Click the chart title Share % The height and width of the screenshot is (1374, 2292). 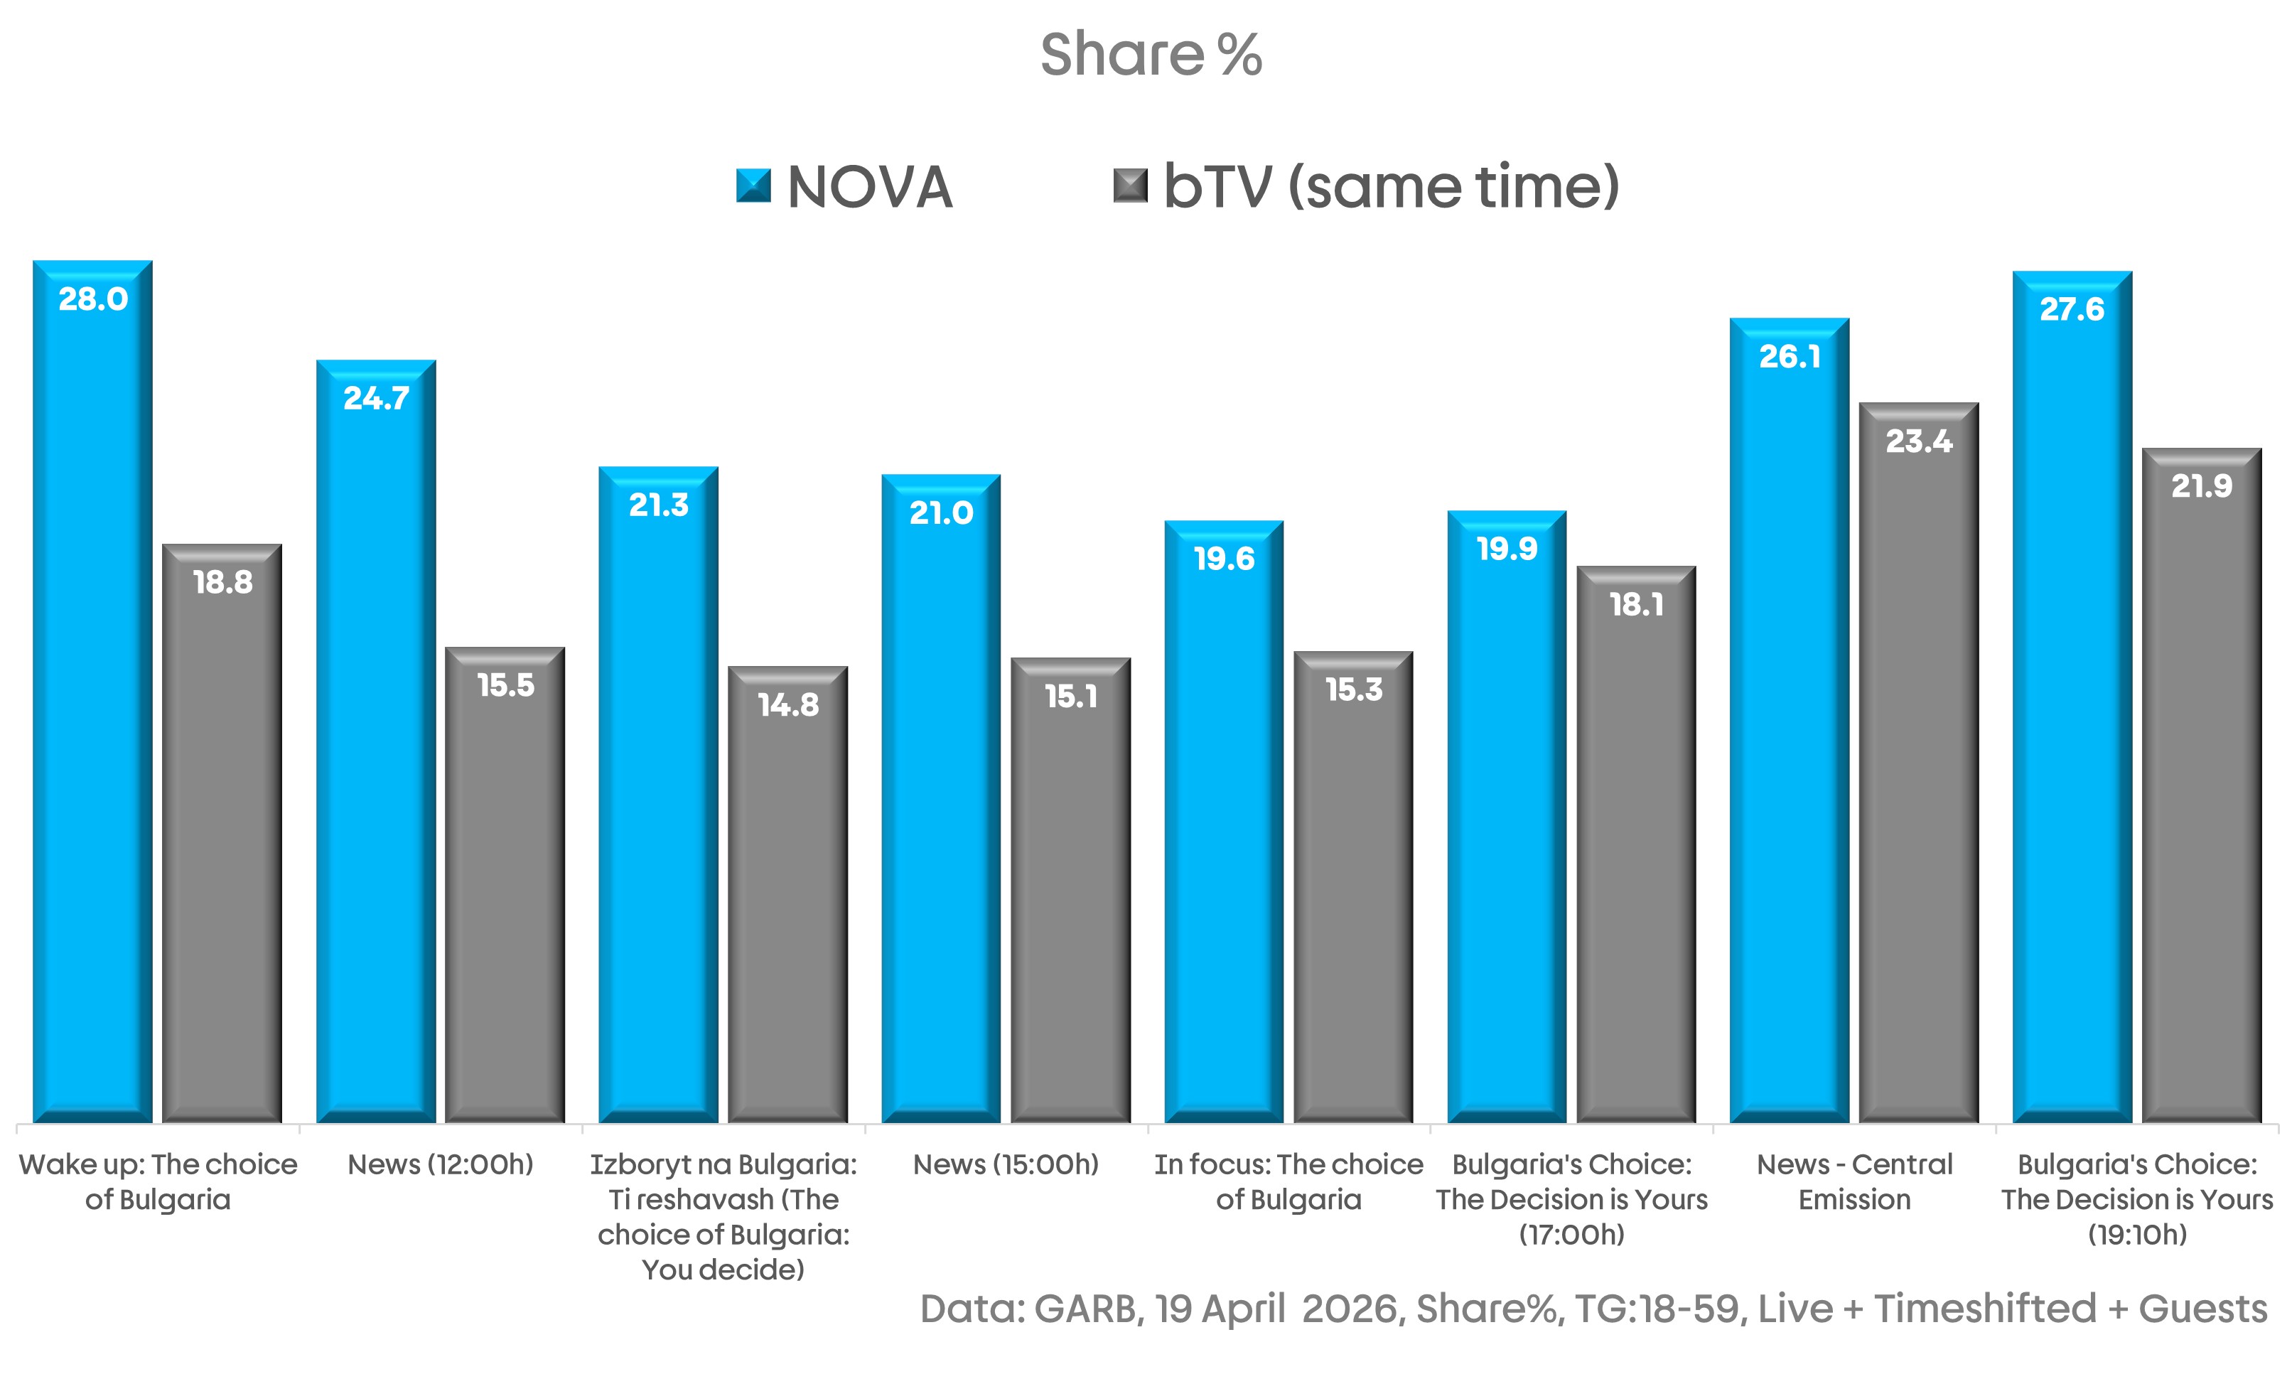pyautogui.click(x=1151, y=55)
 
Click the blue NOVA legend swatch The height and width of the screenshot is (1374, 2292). pyautogui.click(x=753, y=186)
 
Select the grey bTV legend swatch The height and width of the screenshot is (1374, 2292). pyautogui.click(x=1129, y=186)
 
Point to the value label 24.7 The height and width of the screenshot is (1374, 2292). pyautogui.click(x=376, y=399)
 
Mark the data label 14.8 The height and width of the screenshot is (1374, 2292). pyautogui.click(x=787, y=706)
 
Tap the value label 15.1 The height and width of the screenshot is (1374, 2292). pyautogui.click(x=1071, y=697)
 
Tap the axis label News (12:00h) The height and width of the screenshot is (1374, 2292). pyautogui.click(x=441, y=1165)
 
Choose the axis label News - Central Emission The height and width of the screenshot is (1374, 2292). pyautogui.click(x=1854, y=1181)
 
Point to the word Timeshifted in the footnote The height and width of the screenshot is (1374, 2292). pyautogui.click(x=1985, y=1309)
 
